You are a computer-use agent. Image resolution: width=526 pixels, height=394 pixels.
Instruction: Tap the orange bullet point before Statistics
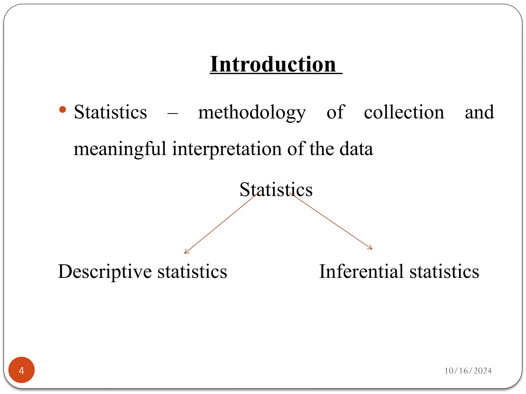(x=63, y=110)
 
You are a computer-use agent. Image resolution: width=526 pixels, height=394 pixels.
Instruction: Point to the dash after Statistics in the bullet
(x=173, y=113)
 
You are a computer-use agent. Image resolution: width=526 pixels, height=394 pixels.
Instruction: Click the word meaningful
(x=120, y=149)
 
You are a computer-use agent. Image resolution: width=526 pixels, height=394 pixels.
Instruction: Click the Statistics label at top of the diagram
(x=276, y=190)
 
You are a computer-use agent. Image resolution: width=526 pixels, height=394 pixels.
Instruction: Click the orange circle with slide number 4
(x=22, y=370)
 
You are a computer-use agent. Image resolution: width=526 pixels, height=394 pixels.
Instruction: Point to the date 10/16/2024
(x=468, y=371)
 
